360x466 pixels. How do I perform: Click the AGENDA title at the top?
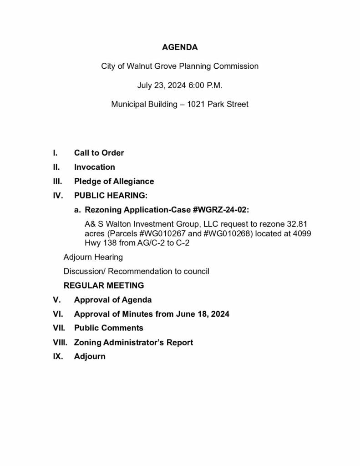click(180, 47)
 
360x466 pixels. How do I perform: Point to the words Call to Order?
click(99, 153)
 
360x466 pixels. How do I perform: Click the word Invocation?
click(95, 167)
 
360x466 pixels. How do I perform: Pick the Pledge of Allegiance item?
click(114, 181)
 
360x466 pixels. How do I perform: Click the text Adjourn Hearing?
click(93, 257)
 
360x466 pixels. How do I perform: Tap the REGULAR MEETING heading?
click(104, 285)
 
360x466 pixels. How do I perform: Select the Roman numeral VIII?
click(60, 342)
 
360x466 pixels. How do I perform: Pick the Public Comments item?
click(108, 328)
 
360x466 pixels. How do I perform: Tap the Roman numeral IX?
click(58, 356)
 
